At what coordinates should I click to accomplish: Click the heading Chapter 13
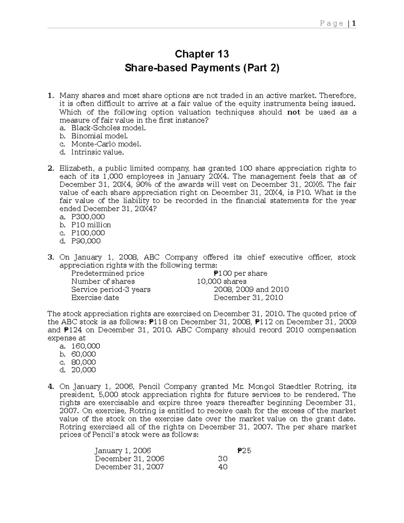(x=202, y=54)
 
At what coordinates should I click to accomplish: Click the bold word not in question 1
(x=294, y=112)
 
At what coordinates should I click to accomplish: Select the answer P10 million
(x=91, y=225)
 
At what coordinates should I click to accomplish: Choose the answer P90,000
(x=86, y=241)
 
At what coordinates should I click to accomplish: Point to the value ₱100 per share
(x=240, y=273)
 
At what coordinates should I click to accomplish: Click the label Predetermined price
(x=108, y=273)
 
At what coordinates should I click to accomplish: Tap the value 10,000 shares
(x=222, y=282)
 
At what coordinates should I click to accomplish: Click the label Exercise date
(x=95, y=298)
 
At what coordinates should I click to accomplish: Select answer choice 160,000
(x=86, y=346)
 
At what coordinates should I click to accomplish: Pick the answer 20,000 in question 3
(x=83, y=370)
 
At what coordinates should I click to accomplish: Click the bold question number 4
(x=50, y=387)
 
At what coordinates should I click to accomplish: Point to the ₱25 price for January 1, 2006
(x=244, y=451)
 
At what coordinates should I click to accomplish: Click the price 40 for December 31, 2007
(x=223, y=467)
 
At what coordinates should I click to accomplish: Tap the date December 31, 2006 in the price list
(x=130, y=459)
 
